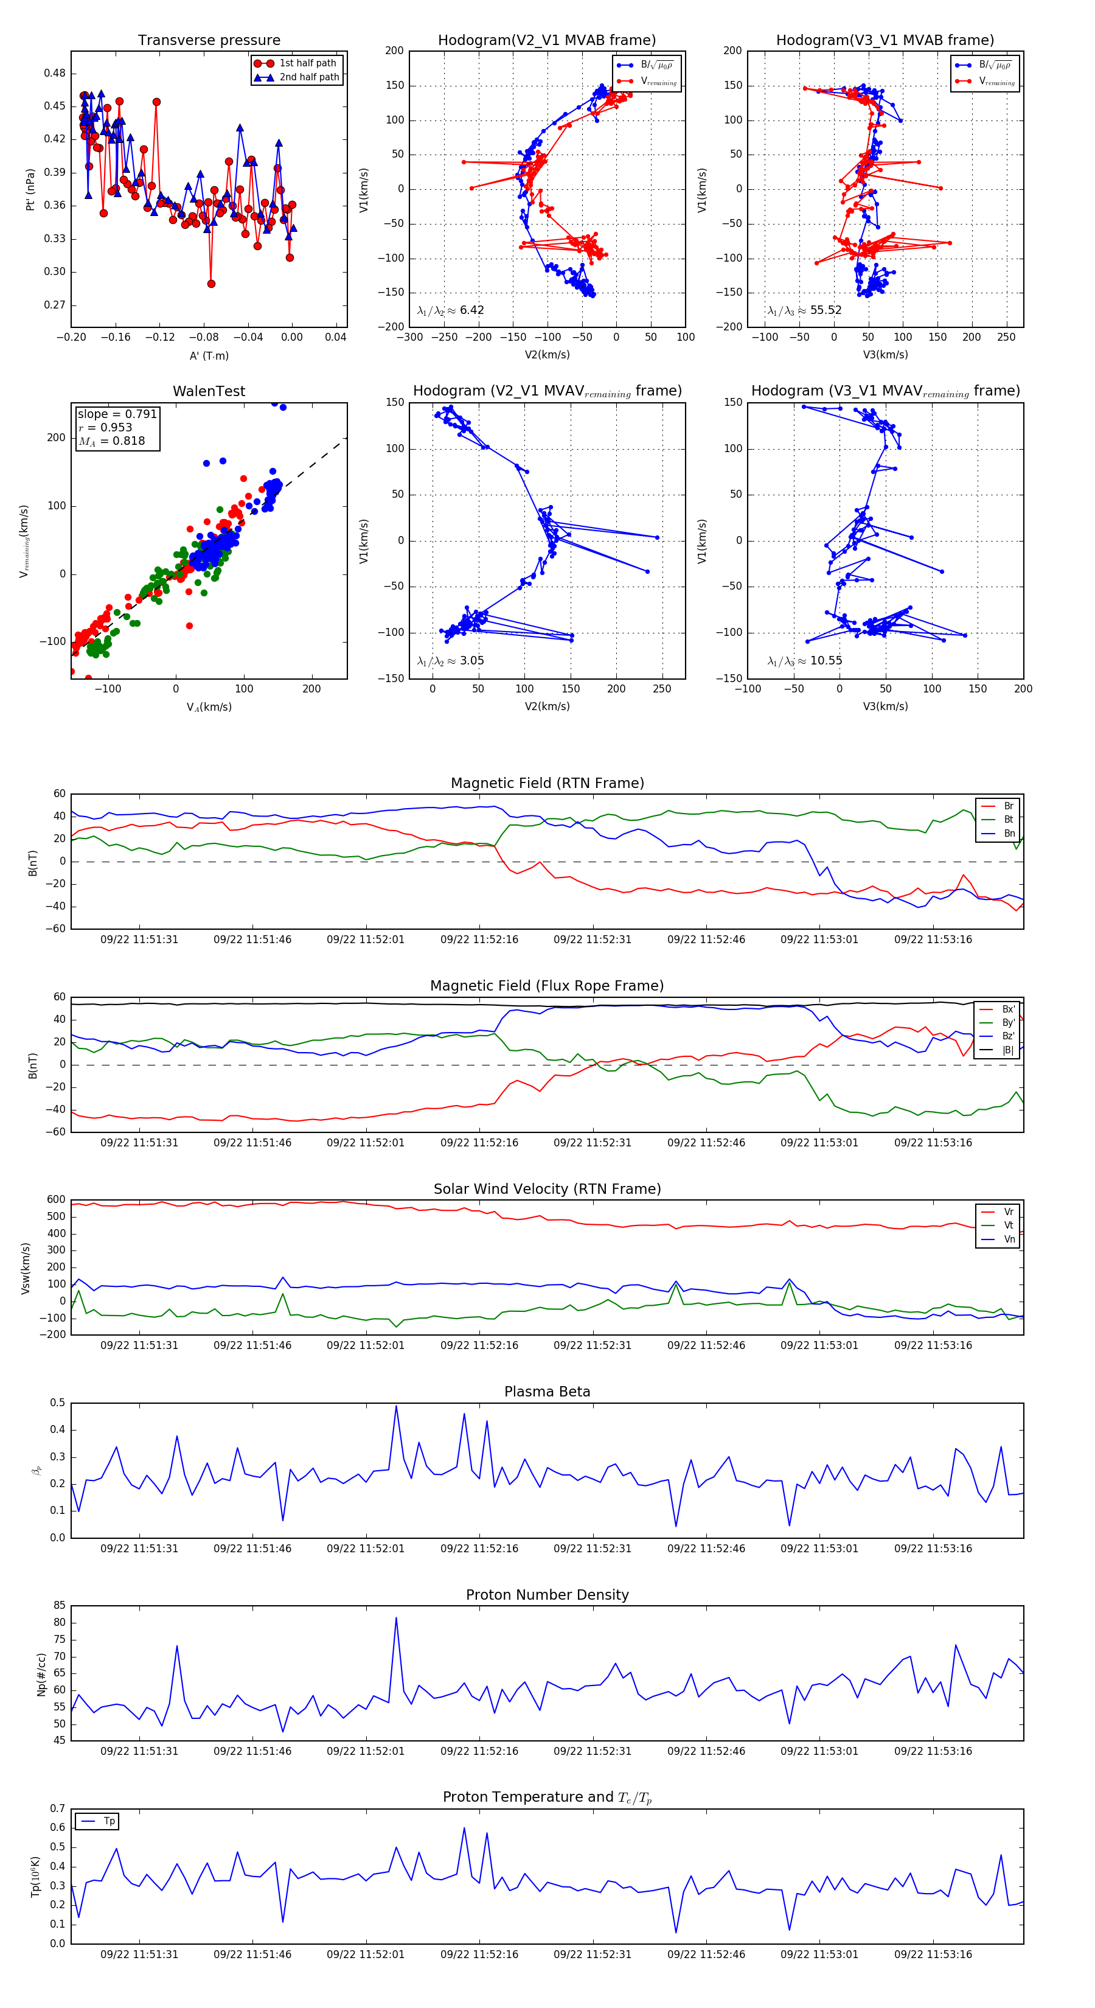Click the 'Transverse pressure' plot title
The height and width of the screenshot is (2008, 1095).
pyautogui.click(x=209, y=41)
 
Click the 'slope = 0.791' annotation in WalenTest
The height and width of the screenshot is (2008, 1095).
pyautogui.click(x=117, y=414)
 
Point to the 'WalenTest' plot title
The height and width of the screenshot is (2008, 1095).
pyautogui.click(x=209, y=391)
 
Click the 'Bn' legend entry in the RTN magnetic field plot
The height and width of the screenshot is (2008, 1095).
pyautogui.click(x=1009, y=833)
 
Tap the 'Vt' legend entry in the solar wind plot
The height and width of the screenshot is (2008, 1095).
pyautogui.click(x=1009, y=1225)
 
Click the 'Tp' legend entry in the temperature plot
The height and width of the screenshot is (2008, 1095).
pyautogui.click(x=109, y=1821)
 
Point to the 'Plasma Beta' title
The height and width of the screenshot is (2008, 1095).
pyautogui.click(x=547, y=1392)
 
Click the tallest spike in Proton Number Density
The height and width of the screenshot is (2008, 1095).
pyautogui.click(x=396, y=1617)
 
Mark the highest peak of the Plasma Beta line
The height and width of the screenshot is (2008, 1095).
pyautogui.click(x=396, y=1406)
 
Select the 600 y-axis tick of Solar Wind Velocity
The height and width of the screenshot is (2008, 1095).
pyautogui.click(x=56, y=1200)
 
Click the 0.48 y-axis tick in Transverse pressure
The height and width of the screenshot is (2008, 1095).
pyautogui.click(x=55, y=73)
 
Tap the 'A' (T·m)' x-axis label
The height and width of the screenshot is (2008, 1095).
pyautogui.click(x=209, y=356)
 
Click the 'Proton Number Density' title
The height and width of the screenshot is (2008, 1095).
pyautogui.click(x=547, y=1595)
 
